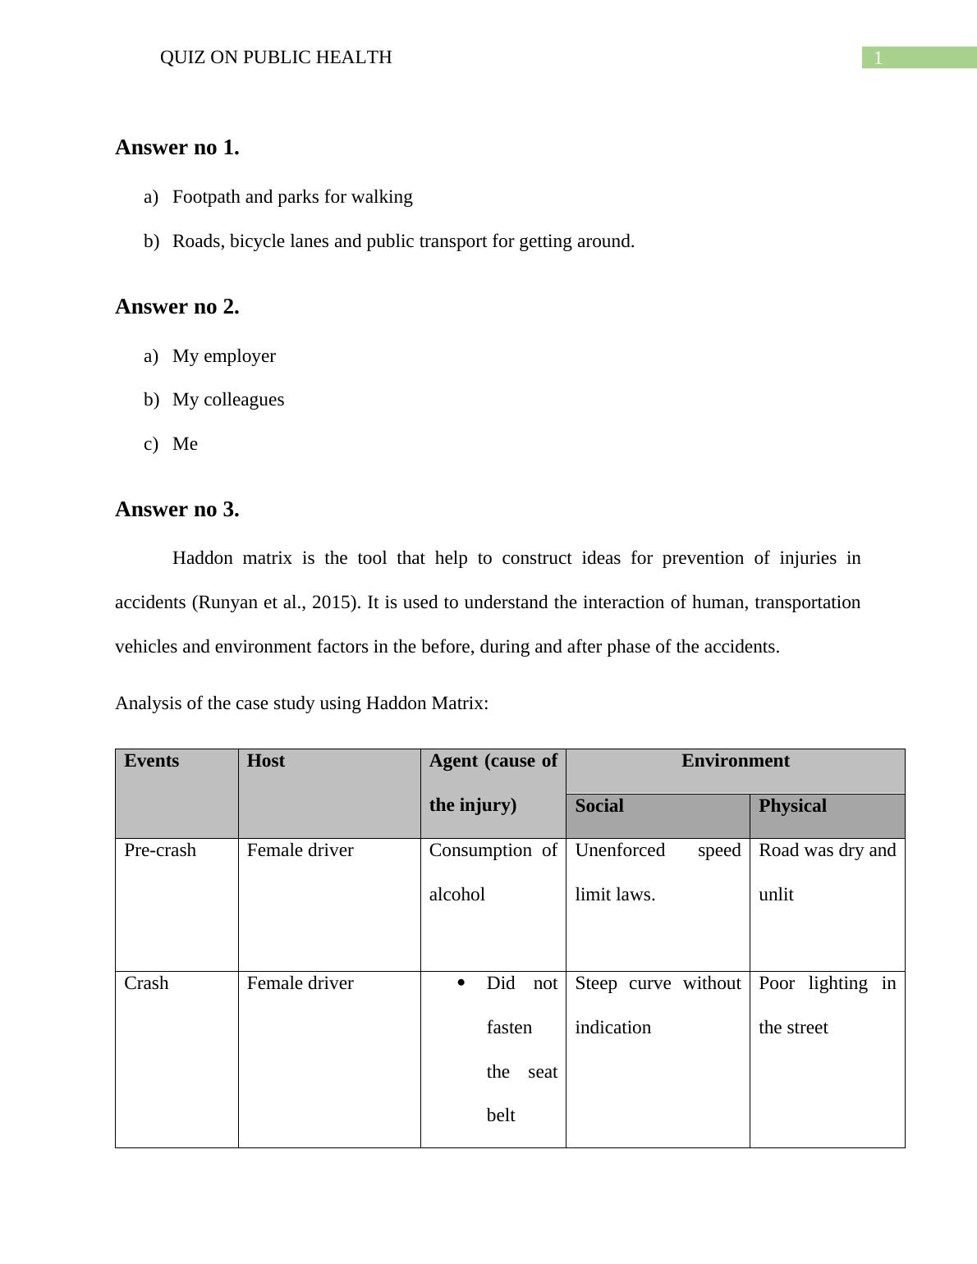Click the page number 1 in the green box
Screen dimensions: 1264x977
878,58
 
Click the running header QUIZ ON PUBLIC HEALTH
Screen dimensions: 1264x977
275,57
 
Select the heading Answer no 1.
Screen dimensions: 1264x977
177,148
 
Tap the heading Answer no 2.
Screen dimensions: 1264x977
177,307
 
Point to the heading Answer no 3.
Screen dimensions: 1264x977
177,510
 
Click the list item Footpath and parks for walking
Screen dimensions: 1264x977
292,197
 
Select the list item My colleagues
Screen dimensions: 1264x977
228,400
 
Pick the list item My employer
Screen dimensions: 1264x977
224,356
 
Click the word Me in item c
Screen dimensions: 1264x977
185,444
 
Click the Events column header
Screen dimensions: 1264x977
152,761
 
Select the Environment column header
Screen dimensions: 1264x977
735,761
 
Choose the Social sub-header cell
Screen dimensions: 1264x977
599,806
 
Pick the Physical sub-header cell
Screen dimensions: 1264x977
792,806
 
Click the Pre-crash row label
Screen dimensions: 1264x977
160,850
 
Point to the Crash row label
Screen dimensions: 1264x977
146,983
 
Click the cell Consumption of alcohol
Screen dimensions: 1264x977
493,872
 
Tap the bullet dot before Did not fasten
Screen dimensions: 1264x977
461,982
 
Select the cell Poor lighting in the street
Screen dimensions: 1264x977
826,1005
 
